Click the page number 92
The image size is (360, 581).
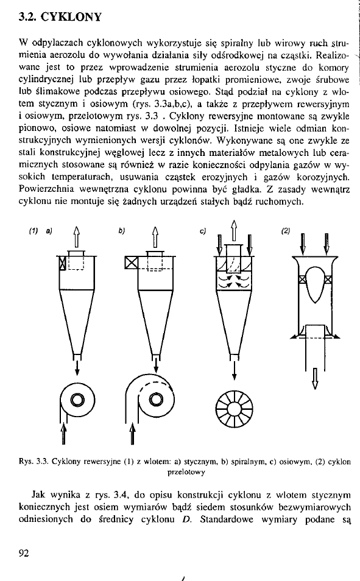click(24, 553)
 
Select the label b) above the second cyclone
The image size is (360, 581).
click(121, 231)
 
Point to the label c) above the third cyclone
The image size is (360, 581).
click(203, 231)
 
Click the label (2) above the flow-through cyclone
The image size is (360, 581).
click(286, 231)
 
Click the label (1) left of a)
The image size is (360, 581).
click(34, 231)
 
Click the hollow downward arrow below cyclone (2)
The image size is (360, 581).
click(315, 377)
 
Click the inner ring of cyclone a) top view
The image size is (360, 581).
click(77, 400)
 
